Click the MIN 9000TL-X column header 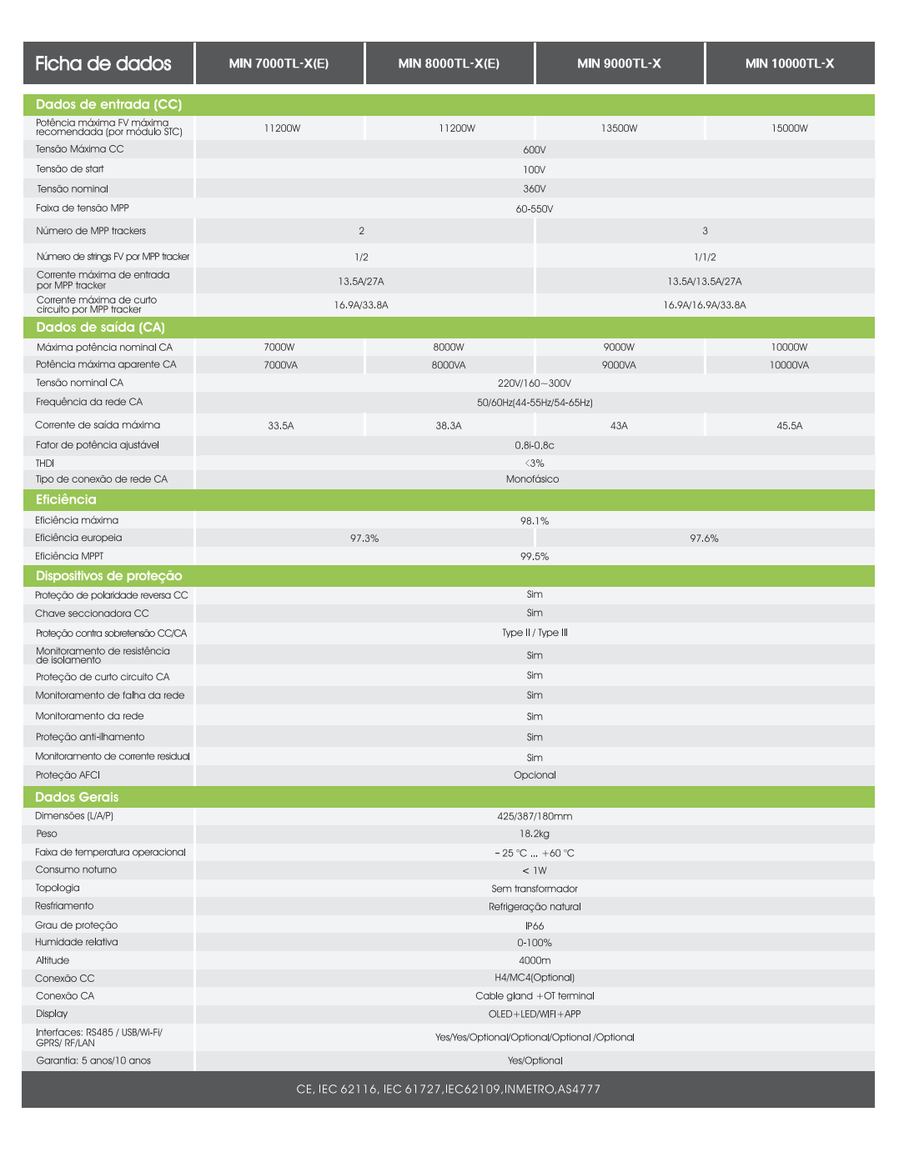coord(619,63)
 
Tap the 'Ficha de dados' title coord(103,63)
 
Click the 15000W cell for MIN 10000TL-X coord(789,128)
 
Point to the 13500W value coord(619,128)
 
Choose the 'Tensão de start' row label coord(70,169)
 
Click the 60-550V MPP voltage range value coord(534,209)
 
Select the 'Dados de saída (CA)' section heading coord(100,328)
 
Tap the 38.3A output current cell coord(448,426)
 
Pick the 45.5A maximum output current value coord(789,426)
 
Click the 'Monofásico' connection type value coord(532,479)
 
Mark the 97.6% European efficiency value coord(704,538)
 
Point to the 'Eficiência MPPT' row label coord(69,556)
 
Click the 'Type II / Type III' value coord(535,633)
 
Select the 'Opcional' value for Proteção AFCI coord(535,775)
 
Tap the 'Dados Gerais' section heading coord(77,797)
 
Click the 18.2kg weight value coord(535,834)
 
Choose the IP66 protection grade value coord(535,926)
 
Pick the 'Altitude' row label coord(53,960)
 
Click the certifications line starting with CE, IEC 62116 coord(448,1089)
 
